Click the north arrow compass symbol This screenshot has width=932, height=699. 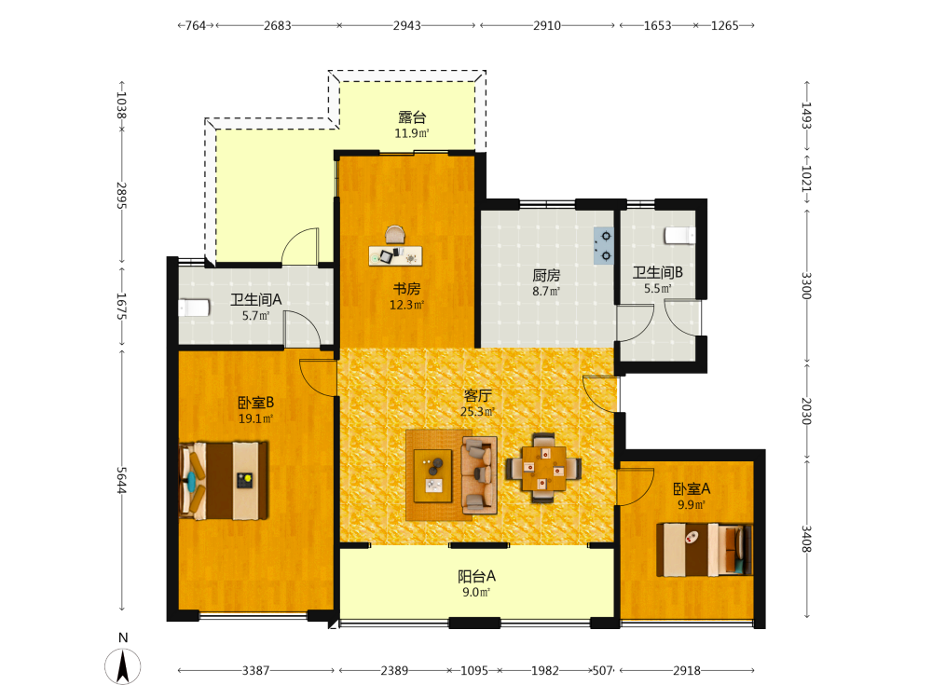pos(123,665)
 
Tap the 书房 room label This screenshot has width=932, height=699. pos(406,289)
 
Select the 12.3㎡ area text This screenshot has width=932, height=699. pos(406,305)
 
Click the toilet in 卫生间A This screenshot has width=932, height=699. pos(194,308)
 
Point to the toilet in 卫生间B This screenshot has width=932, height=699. pos(679,236)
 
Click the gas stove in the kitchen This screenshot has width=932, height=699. pos(603,245)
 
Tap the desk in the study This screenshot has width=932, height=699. pos(395,255)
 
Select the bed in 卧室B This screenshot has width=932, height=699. pos(224,480)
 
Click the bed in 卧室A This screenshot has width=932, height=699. pos(705,550)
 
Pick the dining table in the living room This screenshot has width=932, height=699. pos(543,469)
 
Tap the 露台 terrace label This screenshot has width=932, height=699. pos(412,117)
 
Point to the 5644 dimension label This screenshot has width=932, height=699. pos(121,480)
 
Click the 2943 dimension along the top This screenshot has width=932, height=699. pos(407,25)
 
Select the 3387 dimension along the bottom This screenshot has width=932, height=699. pos(255,670)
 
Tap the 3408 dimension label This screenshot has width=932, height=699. pos(806,539)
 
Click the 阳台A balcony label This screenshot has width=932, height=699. pos(476,576)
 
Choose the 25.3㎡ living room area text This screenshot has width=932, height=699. pos(477,411)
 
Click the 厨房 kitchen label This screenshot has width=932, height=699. pos(546,275)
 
